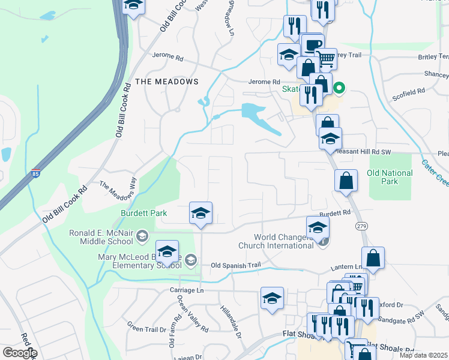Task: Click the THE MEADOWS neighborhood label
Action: [167, 81]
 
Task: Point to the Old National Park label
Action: [390, 177]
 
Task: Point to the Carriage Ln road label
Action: [187, 290]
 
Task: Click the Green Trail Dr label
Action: [146, 329]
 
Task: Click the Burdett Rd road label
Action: [335, 213]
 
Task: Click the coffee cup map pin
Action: [313, 45]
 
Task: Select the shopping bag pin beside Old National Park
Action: [347, 181]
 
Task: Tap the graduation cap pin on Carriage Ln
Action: [272, 298]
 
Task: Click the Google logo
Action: [20, 353]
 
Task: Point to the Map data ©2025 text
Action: [423, 355]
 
